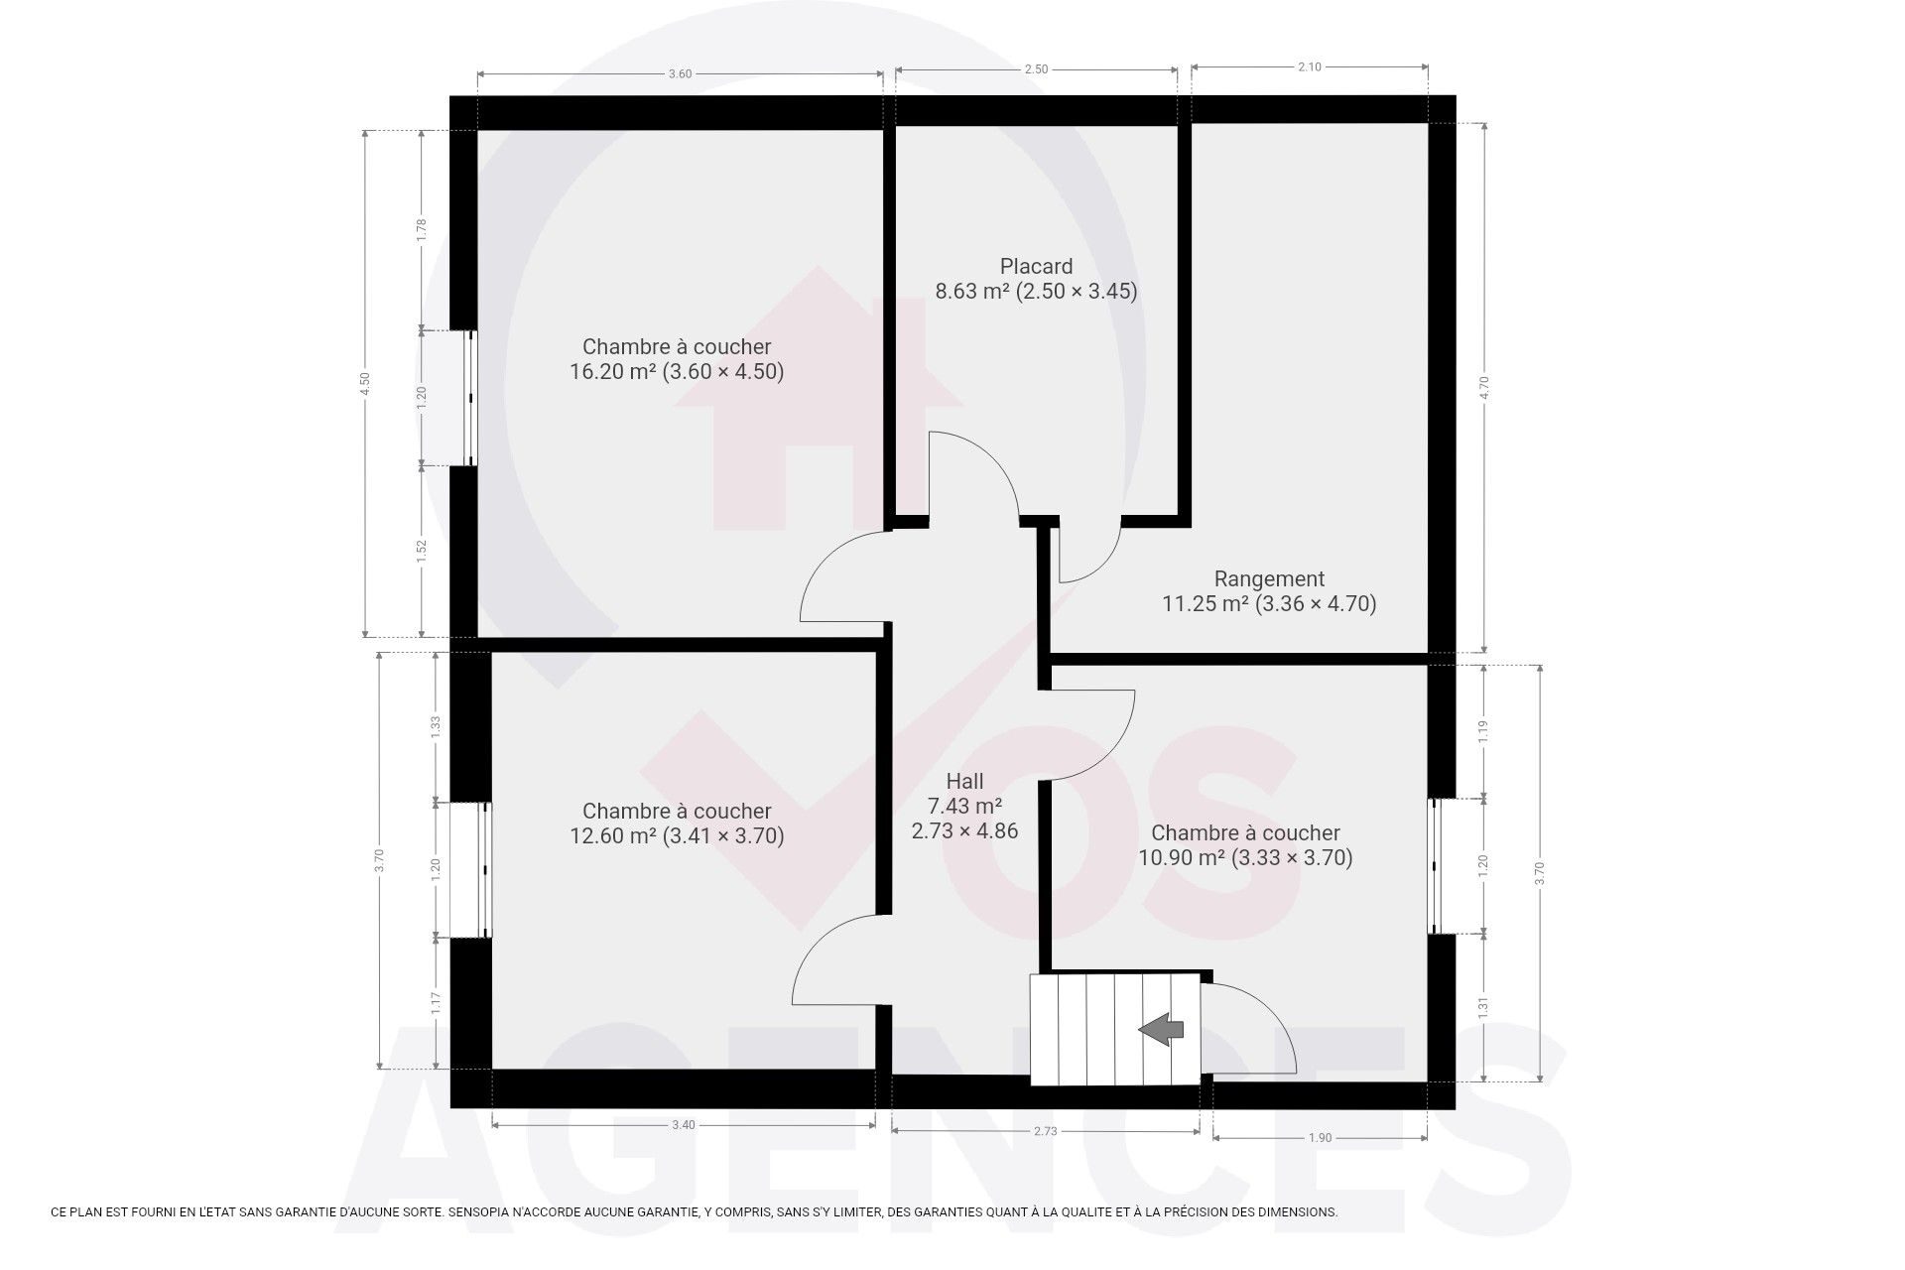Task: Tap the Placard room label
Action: (1036, 266)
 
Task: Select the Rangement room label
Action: (1269, 578)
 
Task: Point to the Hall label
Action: (964, 781)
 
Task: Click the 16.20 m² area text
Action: (605, 372)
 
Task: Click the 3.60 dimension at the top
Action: (680, 73)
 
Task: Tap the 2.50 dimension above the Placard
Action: (1036, 69)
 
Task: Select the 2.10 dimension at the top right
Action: (1310, 66)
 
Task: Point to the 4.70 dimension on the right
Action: (1485, 388)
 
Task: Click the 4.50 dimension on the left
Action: (365, 384)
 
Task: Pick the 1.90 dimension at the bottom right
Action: (1320, 1138)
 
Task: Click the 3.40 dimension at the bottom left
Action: (683, 1125)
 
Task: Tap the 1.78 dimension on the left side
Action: (422, 230)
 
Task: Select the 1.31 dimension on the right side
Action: (1483, 1008)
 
